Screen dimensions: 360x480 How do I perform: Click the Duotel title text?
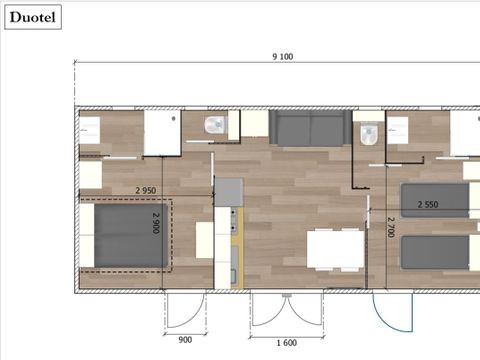(x=33, y=16)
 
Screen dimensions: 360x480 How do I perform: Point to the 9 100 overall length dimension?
(x=282, y=57)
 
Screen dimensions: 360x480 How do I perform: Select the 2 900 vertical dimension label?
(x=157, y=223)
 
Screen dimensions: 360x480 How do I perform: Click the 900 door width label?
(x=185, y=338)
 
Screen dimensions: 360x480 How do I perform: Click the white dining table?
(x=335, y=248)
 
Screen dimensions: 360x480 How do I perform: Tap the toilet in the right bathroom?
(x=367, y=130)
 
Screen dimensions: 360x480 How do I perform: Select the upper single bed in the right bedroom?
(x=435, y=200)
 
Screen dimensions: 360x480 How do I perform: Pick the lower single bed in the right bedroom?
(x=435, y=251)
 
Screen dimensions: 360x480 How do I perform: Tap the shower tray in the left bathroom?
(x=160, y=133)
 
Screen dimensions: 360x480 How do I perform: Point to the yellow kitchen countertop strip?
(x=236, y=250)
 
